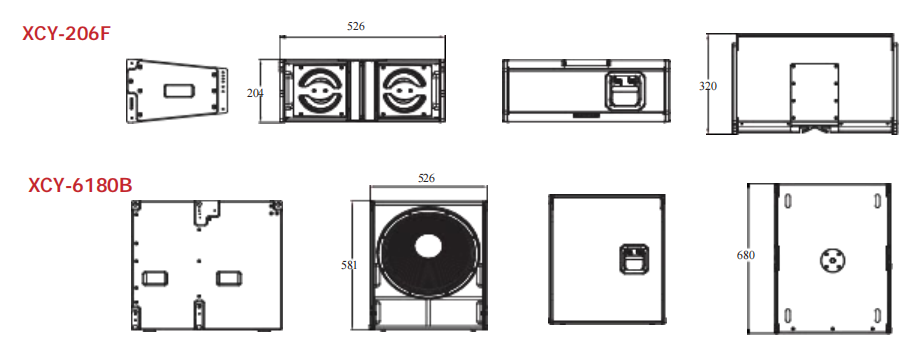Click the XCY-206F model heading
click(66, 34)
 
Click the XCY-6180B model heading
click(80, 185)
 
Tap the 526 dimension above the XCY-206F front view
click(356, 26)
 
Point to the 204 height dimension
click(255, 92)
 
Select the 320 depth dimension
click(708, 86)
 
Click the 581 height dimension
click(349, 265)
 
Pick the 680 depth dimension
click(745, 255)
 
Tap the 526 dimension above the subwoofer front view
click(426, 178)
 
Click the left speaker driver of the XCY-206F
click(320, 90)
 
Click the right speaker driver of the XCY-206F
click(403, 90)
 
